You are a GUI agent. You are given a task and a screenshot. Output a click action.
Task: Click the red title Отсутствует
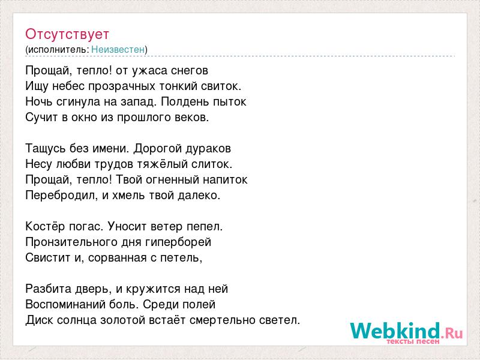(67, 34)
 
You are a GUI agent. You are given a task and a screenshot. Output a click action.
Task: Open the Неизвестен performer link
(118, 49)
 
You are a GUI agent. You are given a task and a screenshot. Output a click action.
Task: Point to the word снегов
(190, 71)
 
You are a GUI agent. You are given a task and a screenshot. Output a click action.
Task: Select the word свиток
(221, 86)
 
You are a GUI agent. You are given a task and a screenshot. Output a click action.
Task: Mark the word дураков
(207, 148)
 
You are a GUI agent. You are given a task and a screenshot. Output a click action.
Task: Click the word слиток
(212, 164)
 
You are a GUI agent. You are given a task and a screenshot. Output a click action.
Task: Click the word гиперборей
(178, 242)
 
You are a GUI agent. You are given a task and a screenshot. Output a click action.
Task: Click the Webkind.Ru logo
(407, 332)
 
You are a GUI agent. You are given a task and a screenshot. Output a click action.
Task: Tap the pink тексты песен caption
(413, 341)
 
